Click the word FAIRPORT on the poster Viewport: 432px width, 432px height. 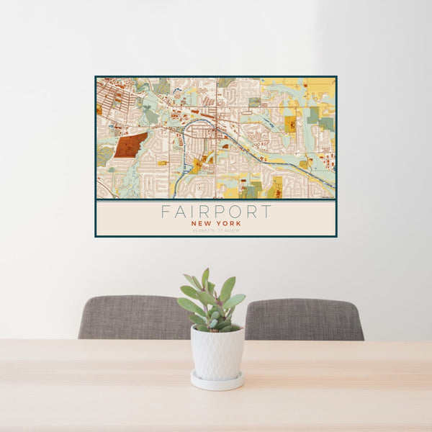point(216,212)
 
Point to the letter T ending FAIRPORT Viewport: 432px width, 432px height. point(266,212)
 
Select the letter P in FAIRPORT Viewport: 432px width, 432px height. point(218,212)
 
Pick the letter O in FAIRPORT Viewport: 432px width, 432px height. point(234,212)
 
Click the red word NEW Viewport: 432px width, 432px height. point(202,223)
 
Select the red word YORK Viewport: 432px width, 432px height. point(228,223)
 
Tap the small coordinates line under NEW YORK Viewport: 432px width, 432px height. point(216,230)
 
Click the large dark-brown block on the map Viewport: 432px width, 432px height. point(130,145)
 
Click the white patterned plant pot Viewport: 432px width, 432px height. point(217,352)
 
